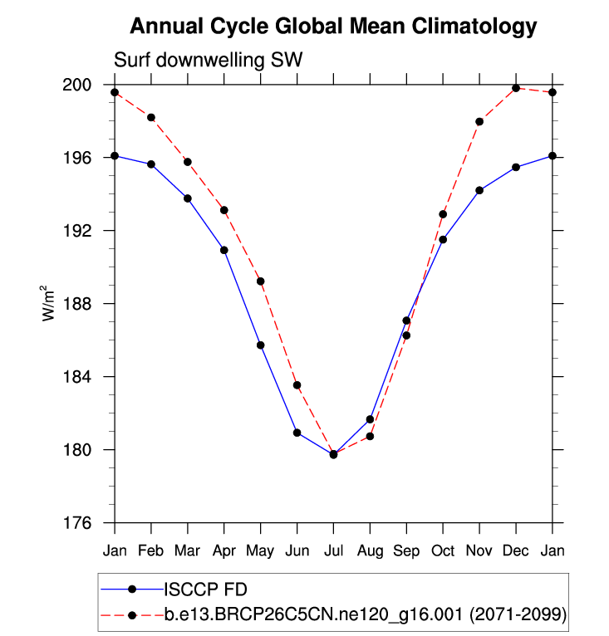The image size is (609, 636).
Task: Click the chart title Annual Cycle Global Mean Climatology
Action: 333,27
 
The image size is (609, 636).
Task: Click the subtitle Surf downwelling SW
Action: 209,61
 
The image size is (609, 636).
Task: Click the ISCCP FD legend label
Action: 204,590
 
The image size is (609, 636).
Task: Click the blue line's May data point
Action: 260,345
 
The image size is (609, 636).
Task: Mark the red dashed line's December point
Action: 516,88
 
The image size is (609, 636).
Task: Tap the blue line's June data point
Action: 297,433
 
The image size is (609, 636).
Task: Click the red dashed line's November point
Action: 479,121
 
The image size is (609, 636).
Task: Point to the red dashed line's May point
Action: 260,281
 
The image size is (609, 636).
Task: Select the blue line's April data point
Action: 223,250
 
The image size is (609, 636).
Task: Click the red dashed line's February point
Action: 151,117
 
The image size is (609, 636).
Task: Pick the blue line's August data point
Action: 370,419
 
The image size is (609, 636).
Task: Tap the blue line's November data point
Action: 479,190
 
